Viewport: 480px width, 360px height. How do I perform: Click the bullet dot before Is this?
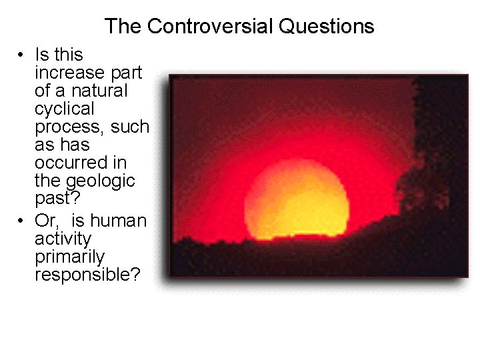pos(22,55)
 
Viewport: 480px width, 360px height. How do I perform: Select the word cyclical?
pos(65,108)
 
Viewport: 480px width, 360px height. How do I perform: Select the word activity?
pos(63,239)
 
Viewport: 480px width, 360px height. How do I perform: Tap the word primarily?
pos(70,257)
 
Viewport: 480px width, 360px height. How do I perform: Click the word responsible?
pos(87,275)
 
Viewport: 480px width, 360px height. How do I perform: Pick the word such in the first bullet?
pos(129,127)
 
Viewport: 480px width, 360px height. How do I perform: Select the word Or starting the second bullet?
pos(46,221)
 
